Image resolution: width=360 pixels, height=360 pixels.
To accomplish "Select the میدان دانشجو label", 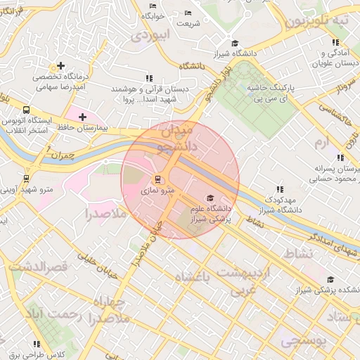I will tap(166, 139).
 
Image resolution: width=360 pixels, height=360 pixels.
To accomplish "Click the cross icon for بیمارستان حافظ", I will tap(83, 117).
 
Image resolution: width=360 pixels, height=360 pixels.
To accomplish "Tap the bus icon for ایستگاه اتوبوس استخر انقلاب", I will tap(26, 110).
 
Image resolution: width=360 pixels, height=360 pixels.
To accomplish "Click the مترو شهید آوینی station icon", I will tap(27, 179).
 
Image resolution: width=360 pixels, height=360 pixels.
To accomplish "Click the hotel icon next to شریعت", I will tap(187, 13).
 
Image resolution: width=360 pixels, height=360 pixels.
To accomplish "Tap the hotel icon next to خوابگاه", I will tap(153, 6).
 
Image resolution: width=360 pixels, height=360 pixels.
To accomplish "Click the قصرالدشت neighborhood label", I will tap(39, 267).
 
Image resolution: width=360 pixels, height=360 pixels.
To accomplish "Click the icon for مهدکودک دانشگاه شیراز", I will tap(280, 189).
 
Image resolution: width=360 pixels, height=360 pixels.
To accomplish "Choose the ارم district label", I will tap(321, 143).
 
